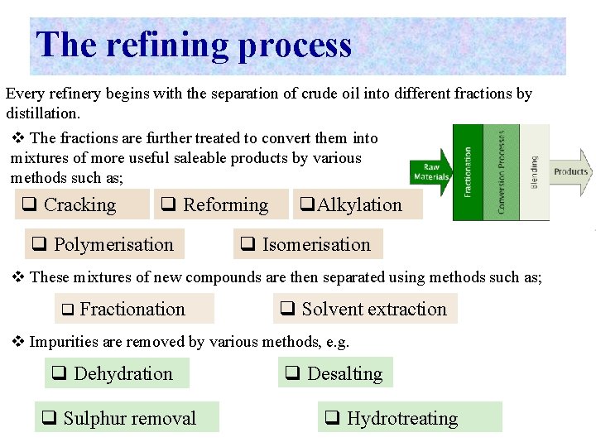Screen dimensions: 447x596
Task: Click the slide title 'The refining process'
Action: (195, 45)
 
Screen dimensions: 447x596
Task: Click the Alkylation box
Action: (357, 205)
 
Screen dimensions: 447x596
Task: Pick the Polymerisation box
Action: (104, 245)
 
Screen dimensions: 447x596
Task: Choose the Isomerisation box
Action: (307, 245)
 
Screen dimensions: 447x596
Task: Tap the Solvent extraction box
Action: (364, 310)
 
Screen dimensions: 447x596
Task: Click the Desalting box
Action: (335, 374)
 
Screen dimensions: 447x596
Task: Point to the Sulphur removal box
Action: (127, 418)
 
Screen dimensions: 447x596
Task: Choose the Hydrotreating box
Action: (410, 418)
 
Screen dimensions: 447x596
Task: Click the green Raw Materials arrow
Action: (431, 172)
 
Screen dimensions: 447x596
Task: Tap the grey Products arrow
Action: (572, 172)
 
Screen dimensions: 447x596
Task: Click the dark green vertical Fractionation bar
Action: (468, 172)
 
